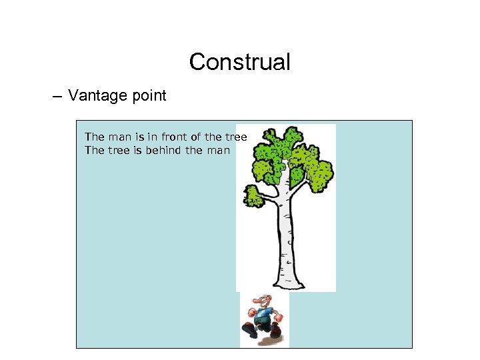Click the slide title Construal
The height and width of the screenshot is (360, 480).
(x=239, y=62)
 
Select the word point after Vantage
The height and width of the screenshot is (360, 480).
(x=145, y=96)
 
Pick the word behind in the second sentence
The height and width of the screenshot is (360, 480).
(x=163, y=150)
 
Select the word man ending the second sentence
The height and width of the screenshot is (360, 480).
(x=217, y=150)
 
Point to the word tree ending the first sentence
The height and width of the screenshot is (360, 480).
(x=235, y=137)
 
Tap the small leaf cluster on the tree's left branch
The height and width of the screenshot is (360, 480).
(x=253, y=197)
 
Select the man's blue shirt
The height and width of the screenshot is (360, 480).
(x=264, y=314)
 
